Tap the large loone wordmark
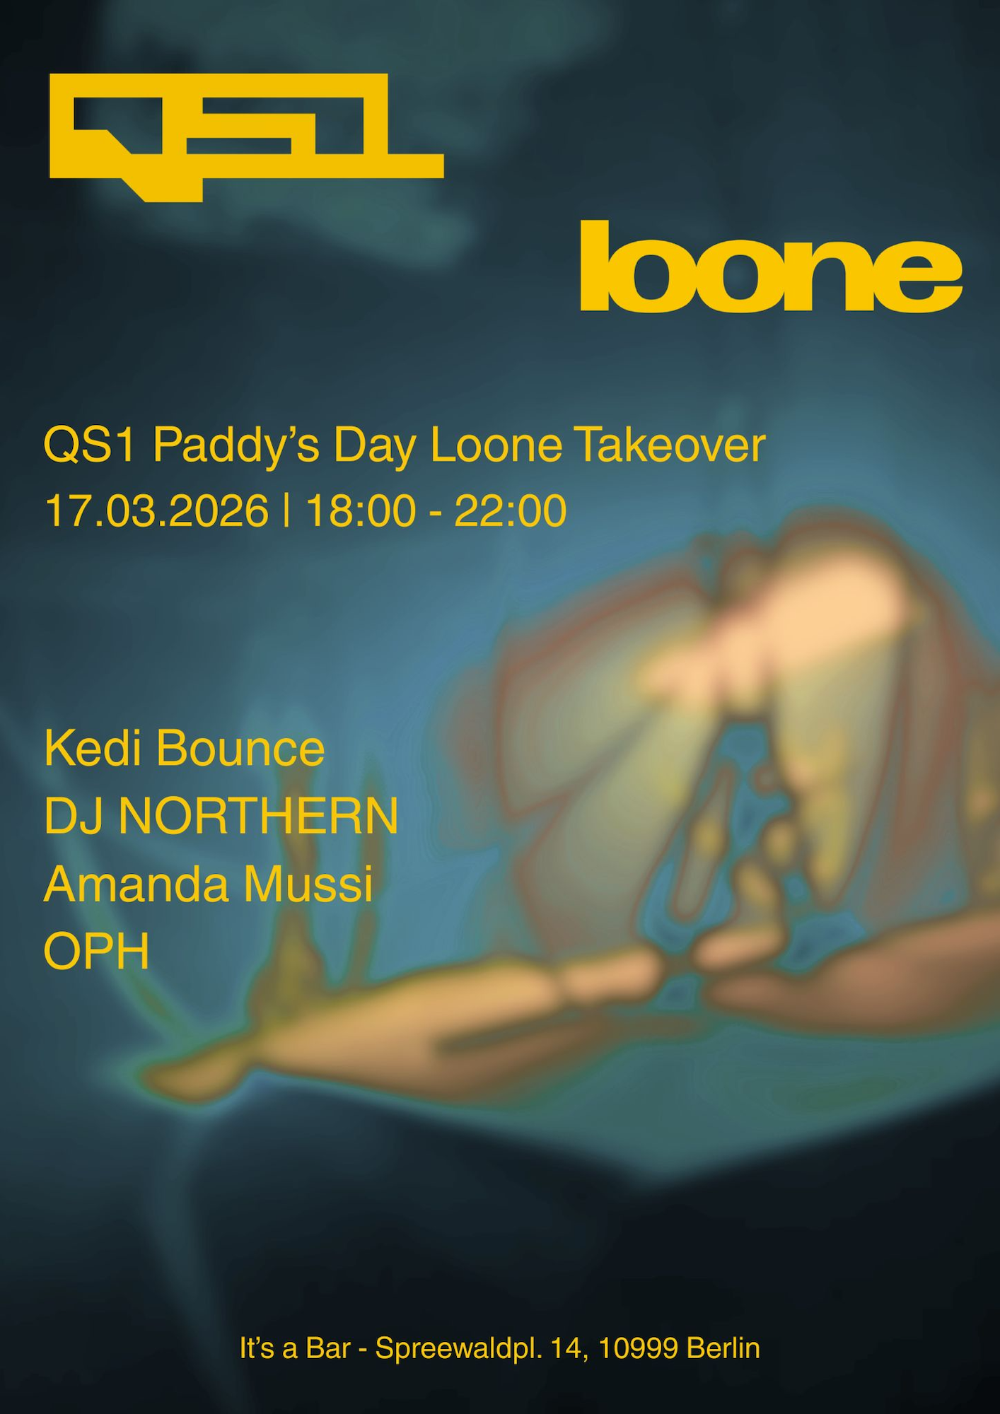(x=771, y=266)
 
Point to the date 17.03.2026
(x=157, y=510)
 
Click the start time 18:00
(x=361, y=510)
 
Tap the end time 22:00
(x=510, y=510)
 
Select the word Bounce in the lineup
(x=240, y=748)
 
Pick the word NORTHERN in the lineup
(x=258, y=816)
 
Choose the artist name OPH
(x=97, y=952)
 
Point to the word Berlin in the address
(x=723, y=1348)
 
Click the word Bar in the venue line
(x=328, y=1348)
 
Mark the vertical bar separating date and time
(x=286, y=510)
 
